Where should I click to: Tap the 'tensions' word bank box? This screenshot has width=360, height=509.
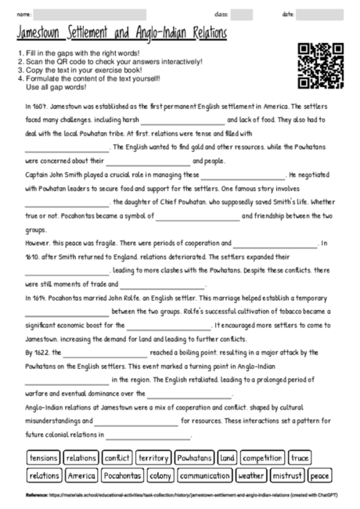click(43, 457)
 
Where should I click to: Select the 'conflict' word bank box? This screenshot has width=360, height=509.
click(117, 457)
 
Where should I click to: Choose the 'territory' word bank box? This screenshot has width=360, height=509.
click(153, 457)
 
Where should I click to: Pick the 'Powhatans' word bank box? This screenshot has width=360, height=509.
click(193, 457)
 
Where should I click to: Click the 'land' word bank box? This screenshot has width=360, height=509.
click(227, 457)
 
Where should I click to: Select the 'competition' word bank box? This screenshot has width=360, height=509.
click(262, 457)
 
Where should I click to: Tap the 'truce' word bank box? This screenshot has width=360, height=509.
click(300, 457)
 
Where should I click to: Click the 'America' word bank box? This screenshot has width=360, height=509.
click(81, 475)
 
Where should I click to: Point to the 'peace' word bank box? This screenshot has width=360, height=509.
click(320, 475)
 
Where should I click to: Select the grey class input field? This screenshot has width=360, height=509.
click(241, 14)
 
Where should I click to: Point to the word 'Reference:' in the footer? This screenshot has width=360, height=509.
click(37, 496)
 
